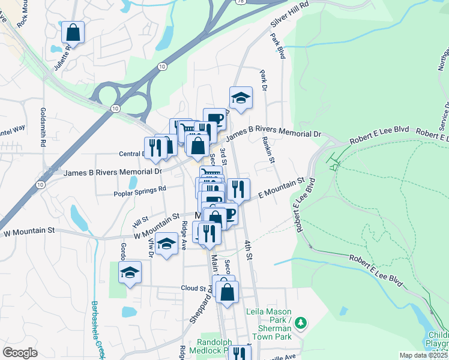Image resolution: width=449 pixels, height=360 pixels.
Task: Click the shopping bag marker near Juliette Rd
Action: point(73,32)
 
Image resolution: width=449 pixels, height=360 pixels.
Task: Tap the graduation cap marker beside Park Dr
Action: point(241,98)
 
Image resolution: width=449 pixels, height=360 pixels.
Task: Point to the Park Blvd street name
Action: point(277,46)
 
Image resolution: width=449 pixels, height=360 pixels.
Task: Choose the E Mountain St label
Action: point(282,187)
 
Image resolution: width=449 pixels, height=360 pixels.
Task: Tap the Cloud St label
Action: point(193,288)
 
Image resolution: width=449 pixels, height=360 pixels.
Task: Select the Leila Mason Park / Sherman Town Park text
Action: point(269,320)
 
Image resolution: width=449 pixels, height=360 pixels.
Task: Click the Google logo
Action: point(20,353)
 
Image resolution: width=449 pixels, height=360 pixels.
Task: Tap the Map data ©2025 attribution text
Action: point(423,355)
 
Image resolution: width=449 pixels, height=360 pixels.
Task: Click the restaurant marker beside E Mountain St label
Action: point(238,189)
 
